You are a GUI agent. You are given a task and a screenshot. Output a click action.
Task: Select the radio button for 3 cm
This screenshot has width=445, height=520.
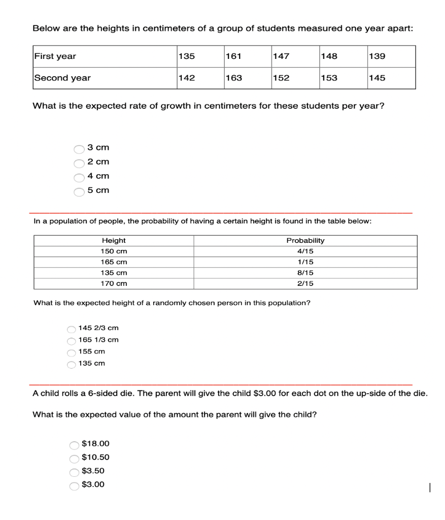[79, 149]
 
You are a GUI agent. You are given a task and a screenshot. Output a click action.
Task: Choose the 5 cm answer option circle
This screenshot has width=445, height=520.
[79, 191]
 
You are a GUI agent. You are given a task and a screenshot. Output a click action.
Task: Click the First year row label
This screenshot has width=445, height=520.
[55, 56]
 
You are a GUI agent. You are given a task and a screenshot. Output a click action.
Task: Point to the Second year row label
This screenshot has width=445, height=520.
[62, 78]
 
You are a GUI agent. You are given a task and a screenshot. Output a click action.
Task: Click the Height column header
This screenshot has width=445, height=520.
[114, 241]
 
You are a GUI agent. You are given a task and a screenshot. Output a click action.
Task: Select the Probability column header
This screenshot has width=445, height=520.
[305, 241]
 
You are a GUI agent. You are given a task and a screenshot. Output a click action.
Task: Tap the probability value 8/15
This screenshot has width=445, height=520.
[305, 273]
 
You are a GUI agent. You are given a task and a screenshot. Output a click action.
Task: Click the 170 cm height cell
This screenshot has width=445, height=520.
[114, 283]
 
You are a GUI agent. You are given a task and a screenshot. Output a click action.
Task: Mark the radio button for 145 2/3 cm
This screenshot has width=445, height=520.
[72, 329]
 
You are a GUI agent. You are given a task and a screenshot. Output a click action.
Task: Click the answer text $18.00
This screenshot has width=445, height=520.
[95, 444]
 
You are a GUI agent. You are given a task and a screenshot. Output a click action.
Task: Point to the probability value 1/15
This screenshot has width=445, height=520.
[305, 262]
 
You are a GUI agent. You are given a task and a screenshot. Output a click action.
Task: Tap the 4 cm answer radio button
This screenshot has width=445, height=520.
[79, 177]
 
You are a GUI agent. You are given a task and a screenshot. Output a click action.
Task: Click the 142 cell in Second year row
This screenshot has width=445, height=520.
[187, 78]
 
